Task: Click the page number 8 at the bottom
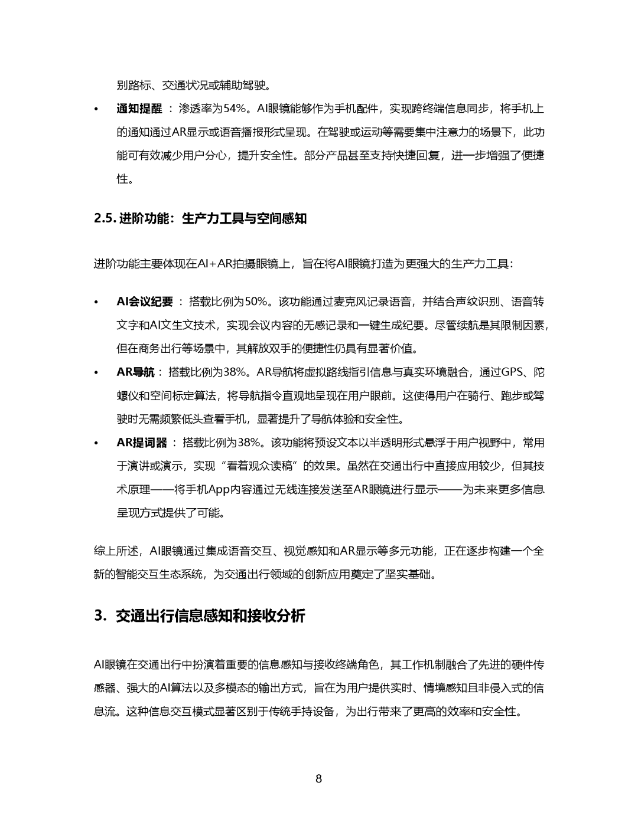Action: (319, 778)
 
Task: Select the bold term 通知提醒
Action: (139, 109)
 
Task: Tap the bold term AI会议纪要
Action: (145, 302)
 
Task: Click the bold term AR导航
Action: (135, 372)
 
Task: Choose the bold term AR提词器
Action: (142, 443)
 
